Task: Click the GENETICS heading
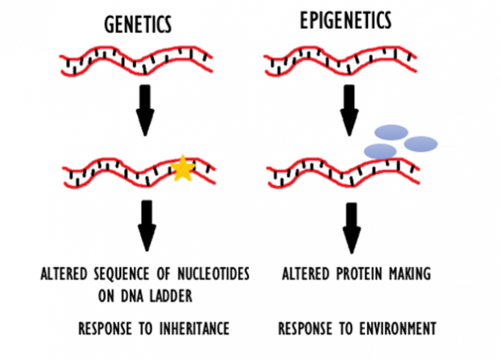click(138, 24)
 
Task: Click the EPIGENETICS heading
click(346, 20)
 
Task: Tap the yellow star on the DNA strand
click(183, 168)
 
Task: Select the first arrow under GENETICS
click(145, 110)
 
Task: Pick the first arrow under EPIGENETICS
click(349, 110)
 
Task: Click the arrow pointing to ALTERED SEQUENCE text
click(147, 226)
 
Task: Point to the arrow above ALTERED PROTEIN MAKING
click(352, 228)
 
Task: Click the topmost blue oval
click(391, 132)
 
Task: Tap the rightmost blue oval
click(421, 144)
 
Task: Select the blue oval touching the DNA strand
click(380, 151)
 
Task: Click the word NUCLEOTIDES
click(214, 274)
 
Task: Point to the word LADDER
click(171, 296)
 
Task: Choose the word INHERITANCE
click(194, 329)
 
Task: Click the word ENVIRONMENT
click(398, 329)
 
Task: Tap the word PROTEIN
click(359, 274)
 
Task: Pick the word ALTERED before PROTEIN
click(306, 274)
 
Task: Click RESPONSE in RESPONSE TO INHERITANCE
click(105, 329)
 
